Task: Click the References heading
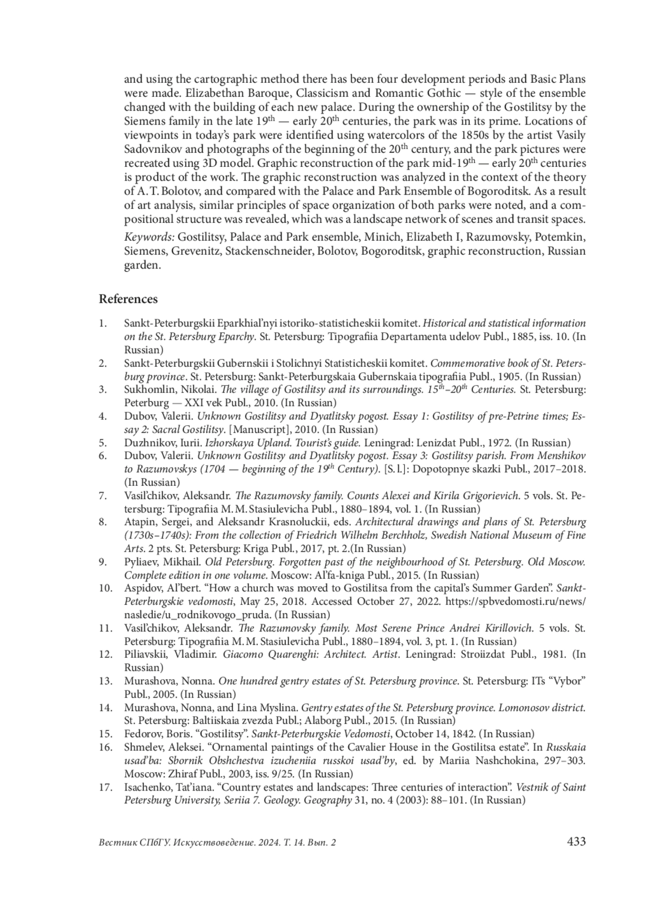click(x=128, y=299)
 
